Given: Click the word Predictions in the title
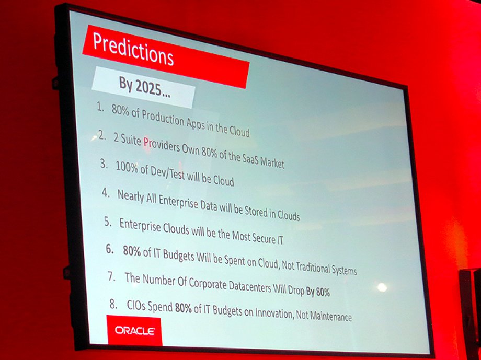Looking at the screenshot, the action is [x=133, y=49].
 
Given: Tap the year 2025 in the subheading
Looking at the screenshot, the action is [x=148, y=88].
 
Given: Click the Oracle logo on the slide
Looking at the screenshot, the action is [x=135, y=331].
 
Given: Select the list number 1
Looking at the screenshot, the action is [x=100, y=108].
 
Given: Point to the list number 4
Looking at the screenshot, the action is [x=106, y=193].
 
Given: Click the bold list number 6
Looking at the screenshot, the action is [x=110, y=249].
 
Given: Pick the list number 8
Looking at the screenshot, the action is [x=113, y=304].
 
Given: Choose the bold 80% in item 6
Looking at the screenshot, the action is [x=132, y=251].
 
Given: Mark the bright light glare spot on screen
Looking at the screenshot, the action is [x=382, y=287].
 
